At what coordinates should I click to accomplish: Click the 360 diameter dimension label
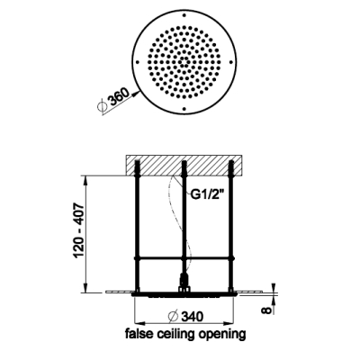tap(120, 96)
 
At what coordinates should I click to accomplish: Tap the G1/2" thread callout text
tap(207, 194)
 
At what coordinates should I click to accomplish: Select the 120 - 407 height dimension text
tap(79, 230)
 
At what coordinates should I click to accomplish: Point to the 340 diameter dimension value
tap(192, 316)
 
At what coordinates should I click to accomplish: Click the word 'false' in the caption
tap(137, 333)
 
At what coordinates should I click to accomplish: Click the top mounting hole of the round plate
tap(184, 15)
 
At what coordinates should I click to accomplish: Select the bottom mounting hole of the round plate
tap(184, 109)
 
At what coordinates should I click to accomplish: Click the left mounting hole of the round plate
tap(138, 62)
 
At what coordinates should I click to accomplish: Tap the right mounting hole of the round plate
tap(231, 62)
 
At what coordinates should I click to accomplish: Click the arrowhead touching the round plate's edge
tap(136, 93)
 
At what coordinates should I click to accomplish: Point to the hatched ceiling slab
tap(184, 165)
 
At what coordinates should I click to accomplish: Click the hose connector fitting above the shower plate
tap(184, 283)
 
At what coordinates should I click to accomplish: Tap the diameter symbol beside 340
tap(174, 316)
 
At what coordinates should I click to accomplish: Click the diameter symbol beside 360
tap(102, 106)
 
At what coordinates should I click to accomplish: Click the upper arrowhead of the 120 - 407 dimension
tap(86, 180)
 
